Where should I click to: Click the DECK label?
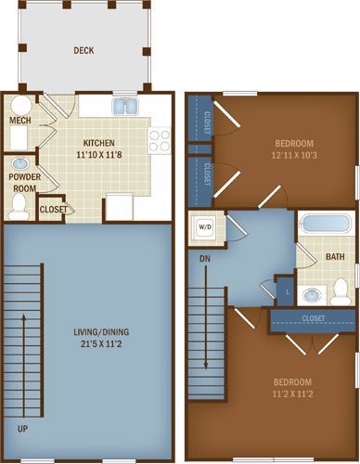coord(84,50)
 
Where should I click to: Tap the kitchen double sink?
coord(125,106)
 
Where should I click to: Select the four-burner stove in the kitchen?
coord(160,140)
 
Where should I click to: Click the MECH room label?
coord(20,121)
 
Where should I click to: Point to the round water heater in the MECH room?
coord(21,106)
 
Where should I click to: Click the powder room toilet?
coord(19,207)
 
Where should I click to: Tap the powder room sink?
coord(20,163)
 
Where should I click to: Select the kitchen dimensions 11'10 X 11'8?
coord(99,154)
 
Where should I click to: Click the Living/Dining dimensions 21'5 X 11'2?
coord(101,343)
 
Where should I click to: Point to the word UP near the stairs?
coord(22,429)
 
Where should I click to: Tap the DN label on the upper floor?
coord(205,259)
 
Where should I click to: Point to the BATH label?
coord(335,257)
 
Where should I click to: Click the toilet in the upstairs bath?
coord(341,291)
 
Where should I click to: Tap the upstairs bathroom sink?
coord(313,295)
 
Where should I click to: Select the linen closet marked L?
coord(286,290)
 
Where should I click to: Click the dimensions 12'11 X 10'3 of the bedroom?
coord(294,155)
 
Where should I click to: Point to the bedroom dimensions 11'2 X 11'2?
coord(292,394)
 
